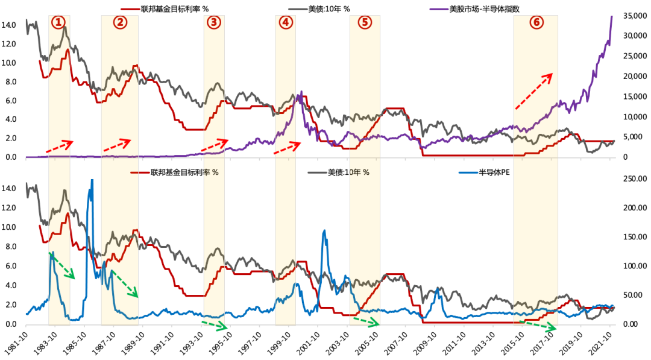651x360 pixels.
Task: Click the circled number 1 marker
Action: (x=58, y=22)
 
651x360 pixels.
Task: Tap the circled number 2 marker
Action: (x=120, y=22)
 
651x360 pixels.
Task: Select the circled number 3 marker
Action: (x=213, y=22)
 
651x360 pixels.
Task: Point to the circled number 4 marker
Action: (x=286, y=22)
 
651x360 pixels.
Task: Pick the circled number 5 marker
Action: (x=365, y=22)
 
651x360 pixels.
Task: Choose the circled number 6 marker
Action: (x=536, y=22)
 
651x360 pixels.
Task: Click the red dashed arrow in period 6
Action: (x=533, y=91)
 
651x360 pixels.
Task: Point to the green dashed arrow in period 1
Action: (x=61, y=266)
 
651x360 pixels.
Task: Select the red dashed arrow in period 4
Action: (x=287, y=148)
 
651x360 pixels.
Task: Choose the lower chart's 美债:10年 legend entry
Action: (x=347, y=172)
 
